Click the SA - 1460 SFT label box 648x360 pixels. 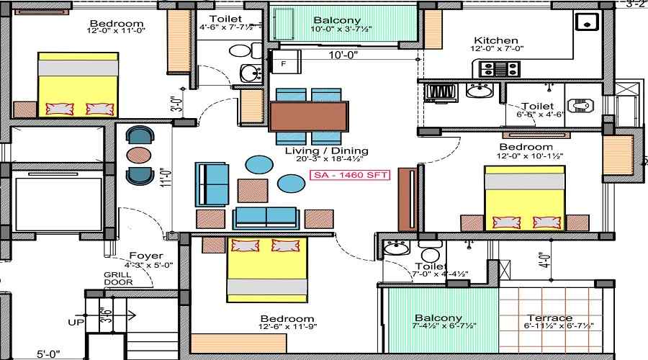point(350,175)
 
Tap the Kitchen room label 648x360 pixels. point(496,40)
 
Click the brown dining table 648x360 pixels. point(308,117)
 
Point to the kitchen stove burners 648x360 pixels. point(499,69)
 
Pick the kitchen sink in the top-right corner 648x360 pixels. point(588,22)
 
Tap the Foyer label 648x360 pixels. point(146,256)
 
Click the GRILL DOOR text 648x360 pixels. point(118,279)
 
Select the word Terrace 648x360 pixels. point(549,318)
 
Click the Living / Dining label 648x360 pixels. point(326,151)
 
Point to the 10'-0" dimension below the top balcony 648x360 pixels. point(343,55)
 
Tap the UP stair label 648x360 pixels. point(76,322)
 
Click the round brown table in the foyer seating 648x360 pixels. point(139,155)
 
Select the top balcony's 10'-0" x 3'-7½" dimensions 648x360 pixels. point(341,29)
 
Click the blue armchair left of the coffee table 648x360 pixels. point(212,184)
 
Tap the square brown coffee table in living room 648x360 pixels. point(253,191)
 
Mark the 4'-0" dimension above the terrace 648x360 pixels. point(546,261)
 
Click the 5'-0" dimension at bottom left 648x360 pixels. point(48,354)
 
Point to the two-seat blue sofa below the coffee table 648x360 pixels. point(266,218)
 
